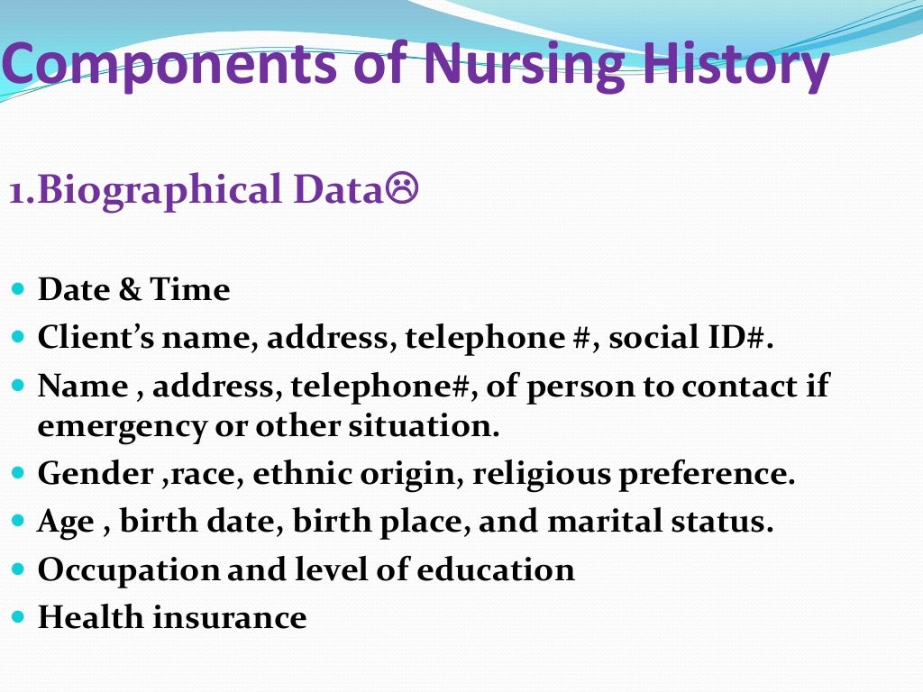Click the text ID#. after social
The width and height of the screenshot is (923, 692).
[x=735, y=338]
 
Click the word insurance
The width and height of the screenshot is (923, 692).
[x=229, y=618]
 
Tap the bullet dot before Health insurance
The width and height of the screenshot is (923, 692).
[x=20, y=618]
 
